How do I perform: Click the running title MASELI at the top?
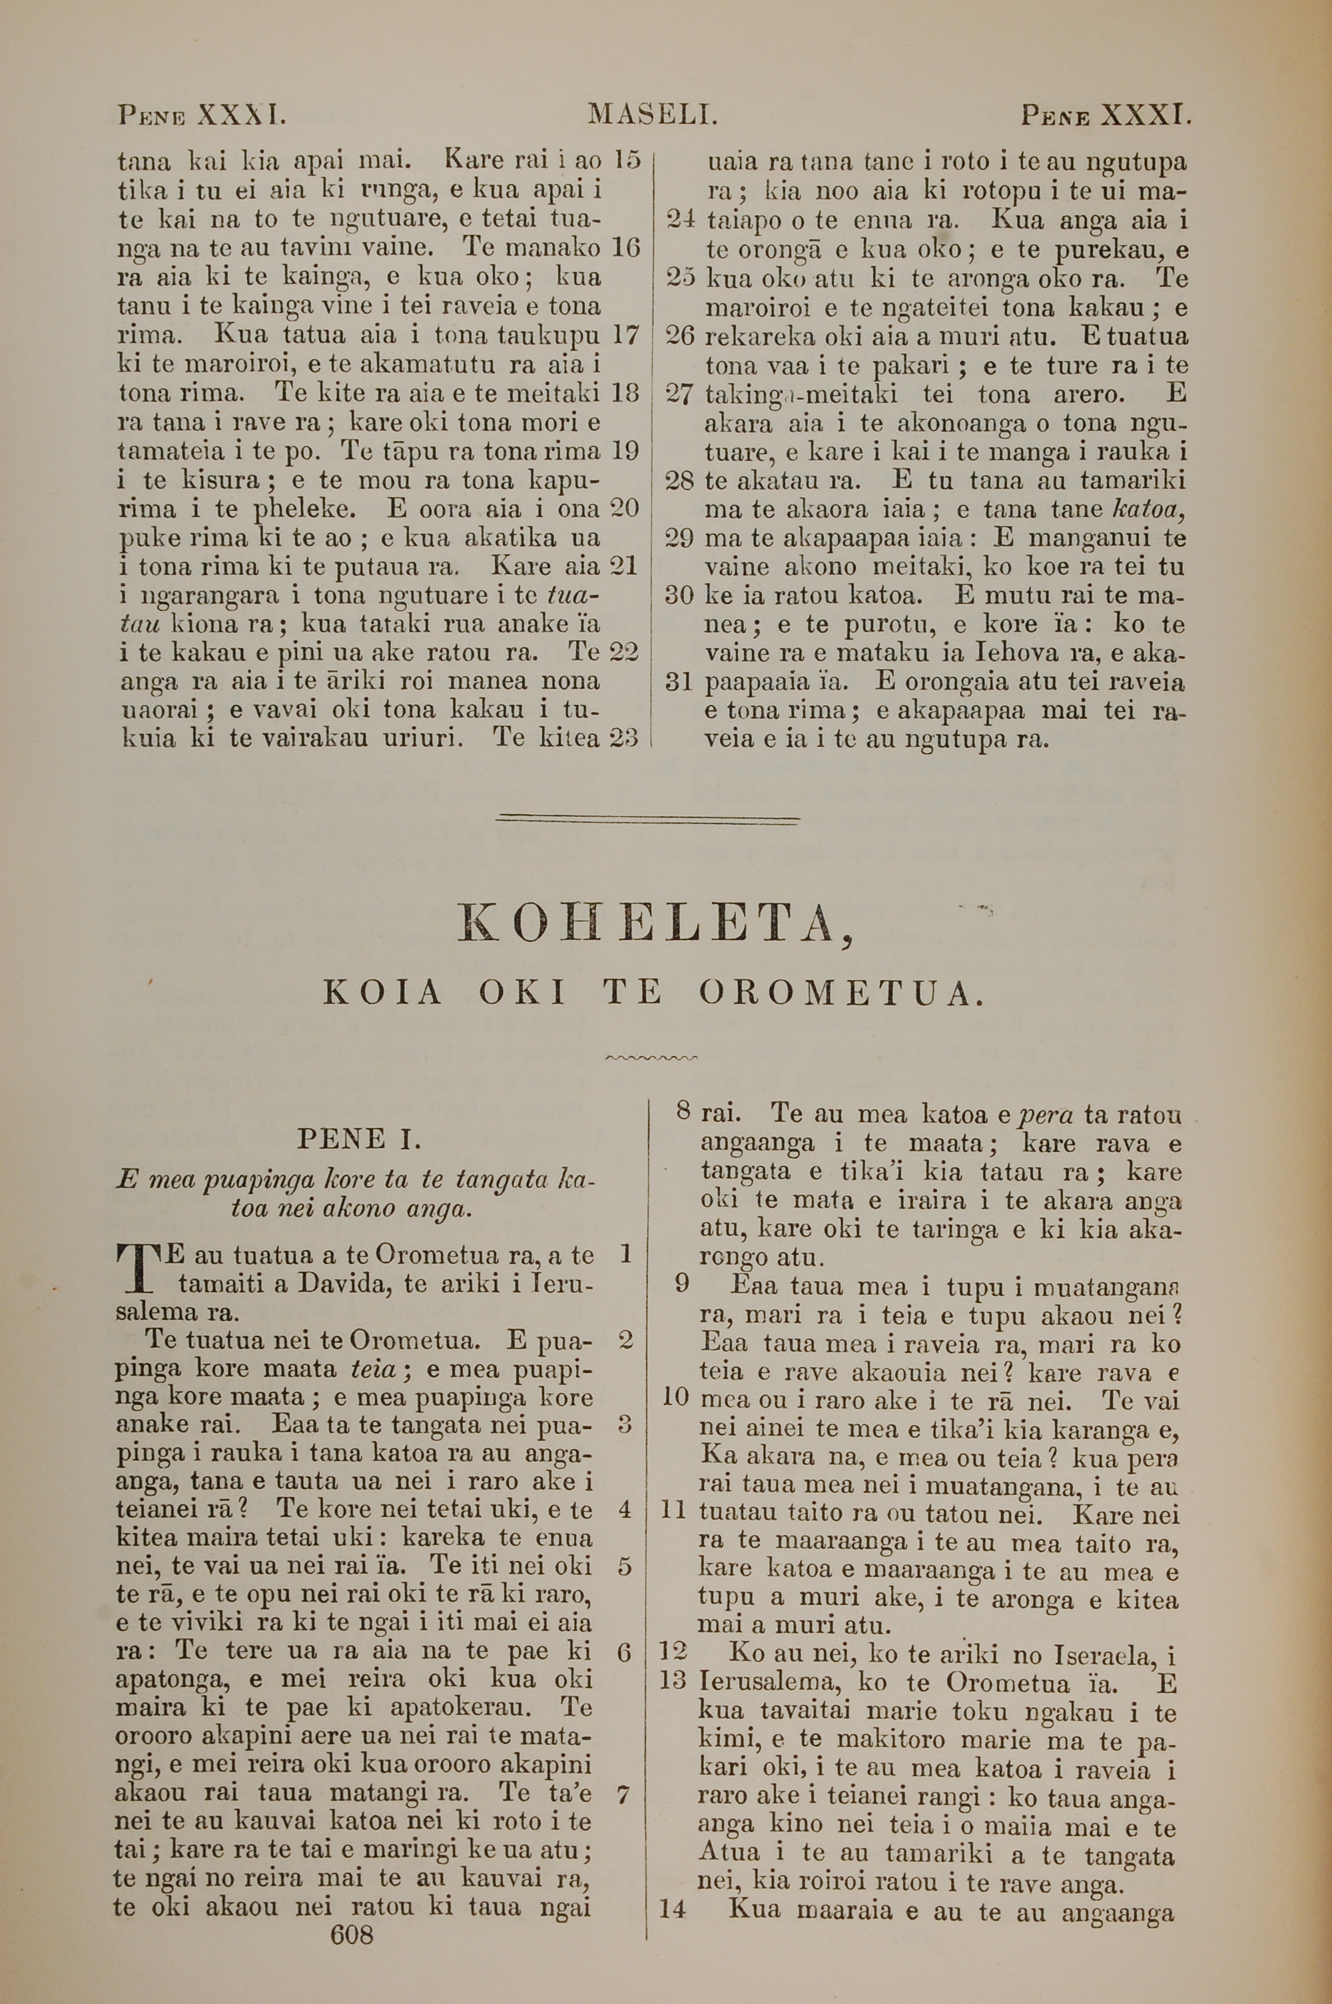tap(653, 114)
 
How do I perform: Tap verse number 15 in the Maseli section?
tap(626, 160)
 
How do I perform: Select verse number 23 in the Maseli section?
tap(625, 738)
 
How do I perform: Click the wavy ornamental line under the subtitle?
tap(651, 1058)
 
